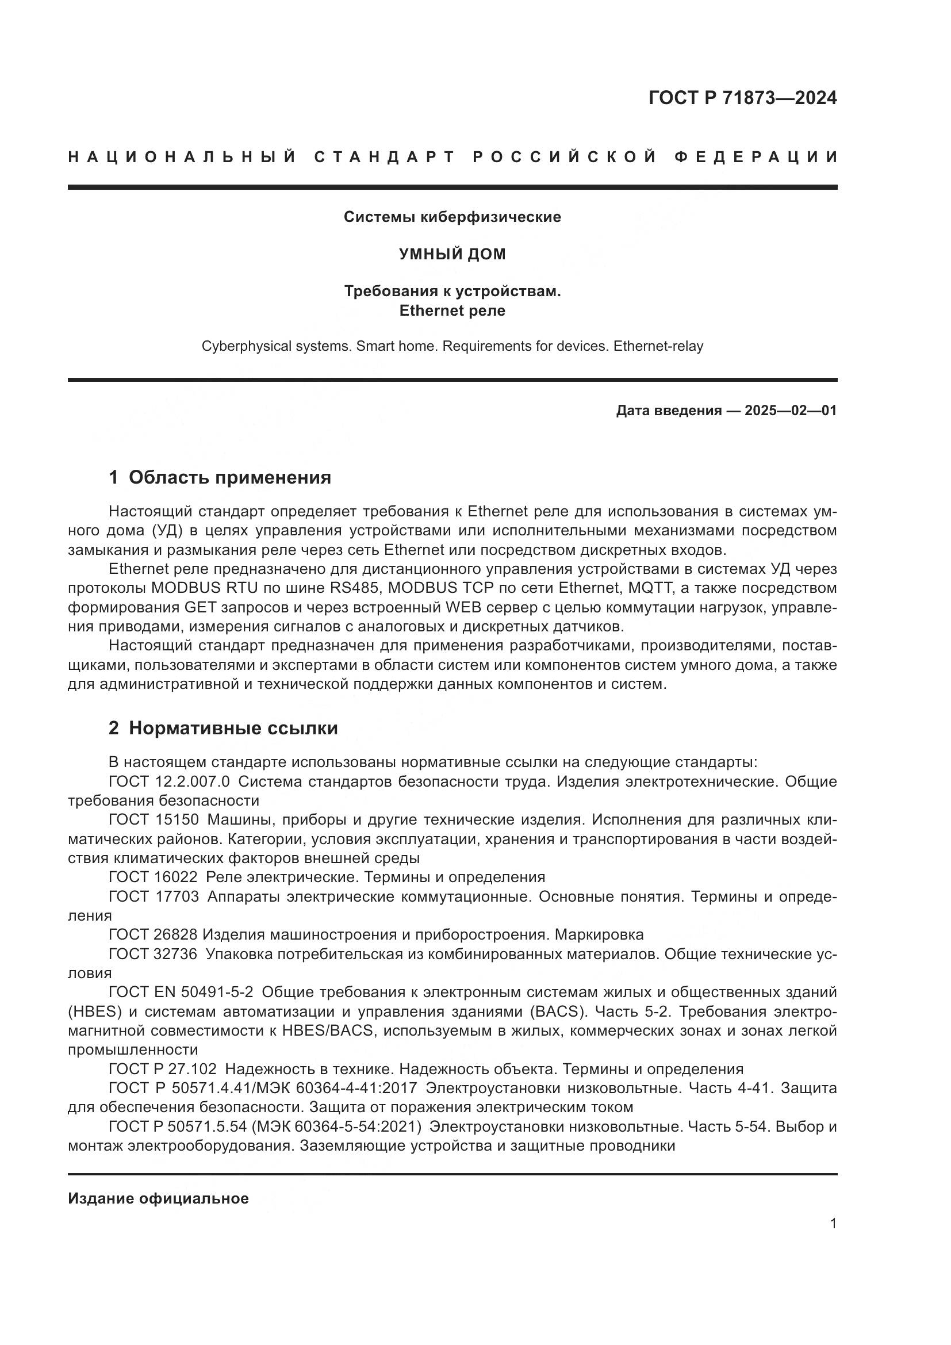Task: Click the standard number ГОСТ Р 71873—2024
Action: click(742, 98)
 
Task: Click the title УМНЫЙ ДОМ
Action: click(452, 254)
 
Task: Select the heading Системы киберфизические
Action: click(452, 217)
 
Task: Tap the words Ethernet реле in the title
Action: click(452, 311)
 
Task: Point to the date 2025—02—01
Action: click(791, 411)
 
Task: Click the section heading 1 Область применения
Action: click(220, 477)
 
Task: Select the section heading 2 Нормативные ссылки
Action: click(223, 728)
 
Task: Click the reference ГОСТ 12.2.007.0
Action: click(169, 781)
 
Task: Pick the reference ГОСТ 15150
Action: click(154, 819)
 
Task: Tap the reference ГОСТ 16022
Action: click(154, 877)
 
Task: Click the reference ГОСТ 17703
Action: click(154, 896)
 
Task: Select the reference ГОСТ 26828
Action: click(154, 934)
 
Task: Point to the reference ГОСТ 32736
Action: click(154, 953)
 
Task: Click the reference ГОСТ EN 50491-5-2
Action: click(181, 992)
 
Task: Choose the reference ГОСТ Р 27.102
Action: click(163, 1068)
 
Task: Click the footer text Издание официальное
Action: click(158, 1198)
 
